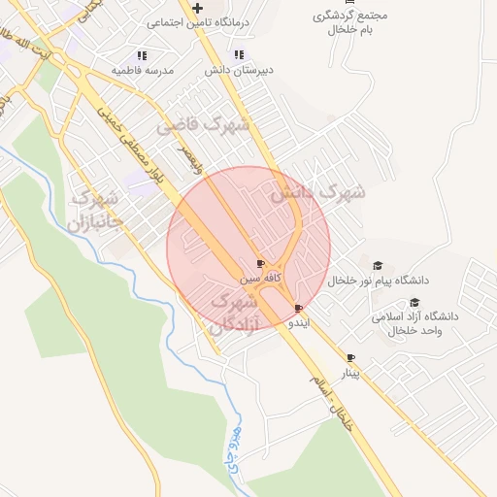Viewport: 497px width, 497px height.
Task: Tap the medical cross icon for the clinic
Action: [x=197, y=9]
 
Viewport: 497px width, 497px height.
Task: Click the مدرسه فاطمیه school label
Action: [x=142, y=71]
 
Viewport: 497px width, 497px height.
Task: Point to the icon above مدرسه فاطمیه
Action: [x=142, y=56]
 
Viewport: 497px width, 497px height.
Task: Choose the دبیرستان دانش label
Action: [x=239, y=71]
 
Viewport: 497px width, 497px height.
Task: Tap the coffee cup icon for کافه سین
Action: [x=260, y=264]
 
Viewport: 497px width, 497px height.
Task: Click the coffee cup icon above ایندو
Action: [x=297, y=308]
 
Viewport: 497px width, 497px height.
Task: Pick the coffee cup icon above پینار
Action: [x=350, y=358]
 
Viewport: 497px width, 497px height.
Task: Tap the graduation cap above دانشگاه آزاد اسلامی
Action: [x=414, y=302]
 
